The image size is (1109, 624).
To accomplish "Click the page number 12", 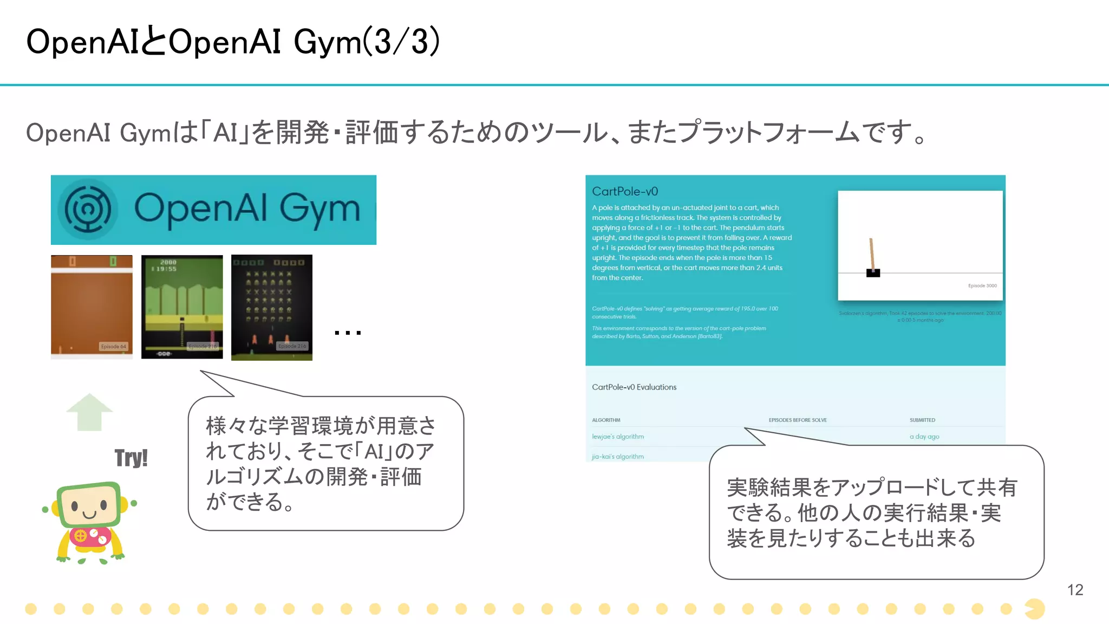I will (x=1075, y=590).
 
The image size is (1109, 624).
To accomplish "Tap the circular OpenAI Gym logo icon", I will (x=88, y=209).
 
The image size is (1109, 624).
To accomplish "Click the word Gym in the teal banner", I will (x=319, y=209).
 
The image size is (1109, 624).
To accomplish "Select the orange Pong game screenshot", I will (x=92, y=307).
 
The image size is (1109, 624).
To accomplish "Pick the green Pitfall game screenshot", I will (x=182, y=307).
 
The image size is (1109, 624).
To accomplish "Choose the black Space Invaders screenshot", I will (x=272, y=307).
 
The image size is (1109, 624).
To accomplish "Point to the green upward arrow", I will (x=89, y=412).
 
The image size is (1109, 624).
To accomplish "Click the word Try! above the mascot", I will (x=131, y=458).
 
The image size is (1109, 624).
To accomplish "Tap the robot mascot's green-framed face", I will (x=90, y=505).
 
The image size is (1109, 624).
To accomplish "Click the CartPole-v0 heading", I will (x=625, y=191).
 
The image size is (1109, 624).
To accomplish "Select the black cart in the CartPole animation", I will (x=873, y=272).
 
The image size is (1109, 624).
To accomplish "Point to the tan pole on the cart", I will (x=872, y=253).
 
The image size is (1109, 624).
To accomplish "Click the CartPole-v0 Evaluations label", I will (x=634, y=387).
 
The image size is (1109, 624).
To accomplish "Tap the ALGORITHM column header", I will (x=606, y=420).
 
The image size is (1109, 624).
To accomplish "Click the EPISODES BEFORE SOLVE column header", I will (x=798, y=420).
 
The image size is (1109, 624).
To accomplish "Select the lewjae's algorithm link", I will (x=618, y=437).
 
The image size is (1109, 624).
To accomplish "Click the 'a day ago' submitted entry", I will (x=924, y=437).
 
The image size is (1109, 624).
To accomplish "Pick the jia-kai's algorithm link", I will (x=618, y=457).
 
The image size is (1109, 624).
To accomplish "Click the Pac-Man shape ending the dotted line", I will (x=1035, y=609).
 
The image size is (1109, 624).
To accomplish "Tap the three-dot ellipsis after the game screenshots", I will (x=348, y=333).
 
